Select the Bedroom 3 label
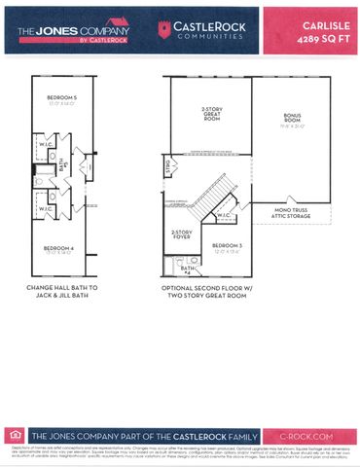pos(227,247)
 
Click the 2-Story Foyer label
pos(181,234)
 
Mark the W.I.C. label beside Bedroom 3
pos(220,215)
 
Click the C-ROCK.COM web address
pos(307,437)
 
